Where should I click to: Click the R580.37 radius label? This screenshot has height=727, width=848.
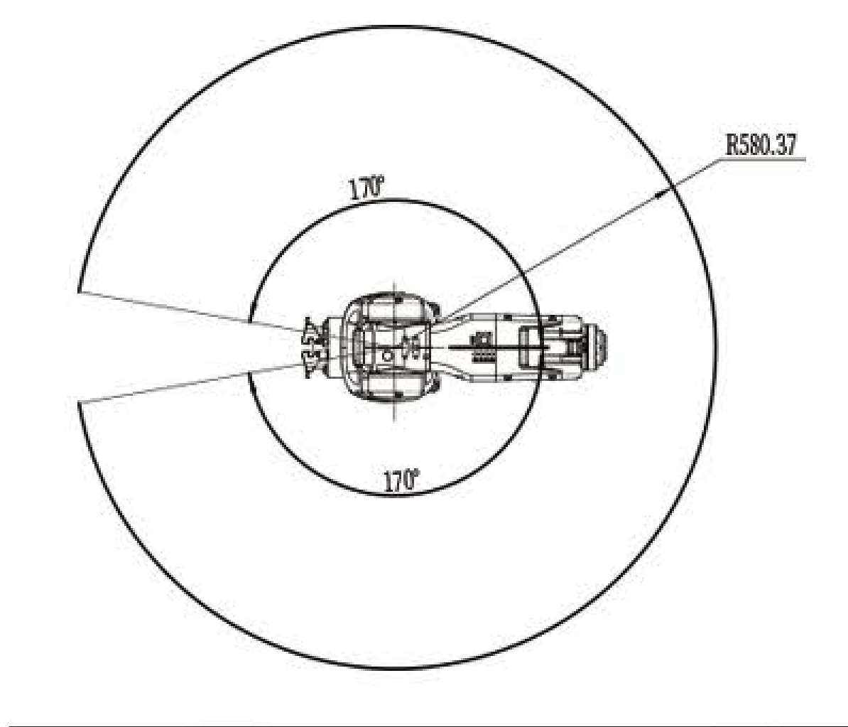(x=761, y=145)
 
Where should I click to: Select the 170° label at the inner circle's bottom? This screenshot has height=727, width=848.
(x=401, y=480)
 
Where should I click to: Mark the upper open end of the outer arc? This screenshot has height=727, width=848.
(x=79, y=291)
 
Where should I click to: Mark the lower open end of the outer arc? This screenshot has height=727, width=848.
(x=80, y=403)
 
